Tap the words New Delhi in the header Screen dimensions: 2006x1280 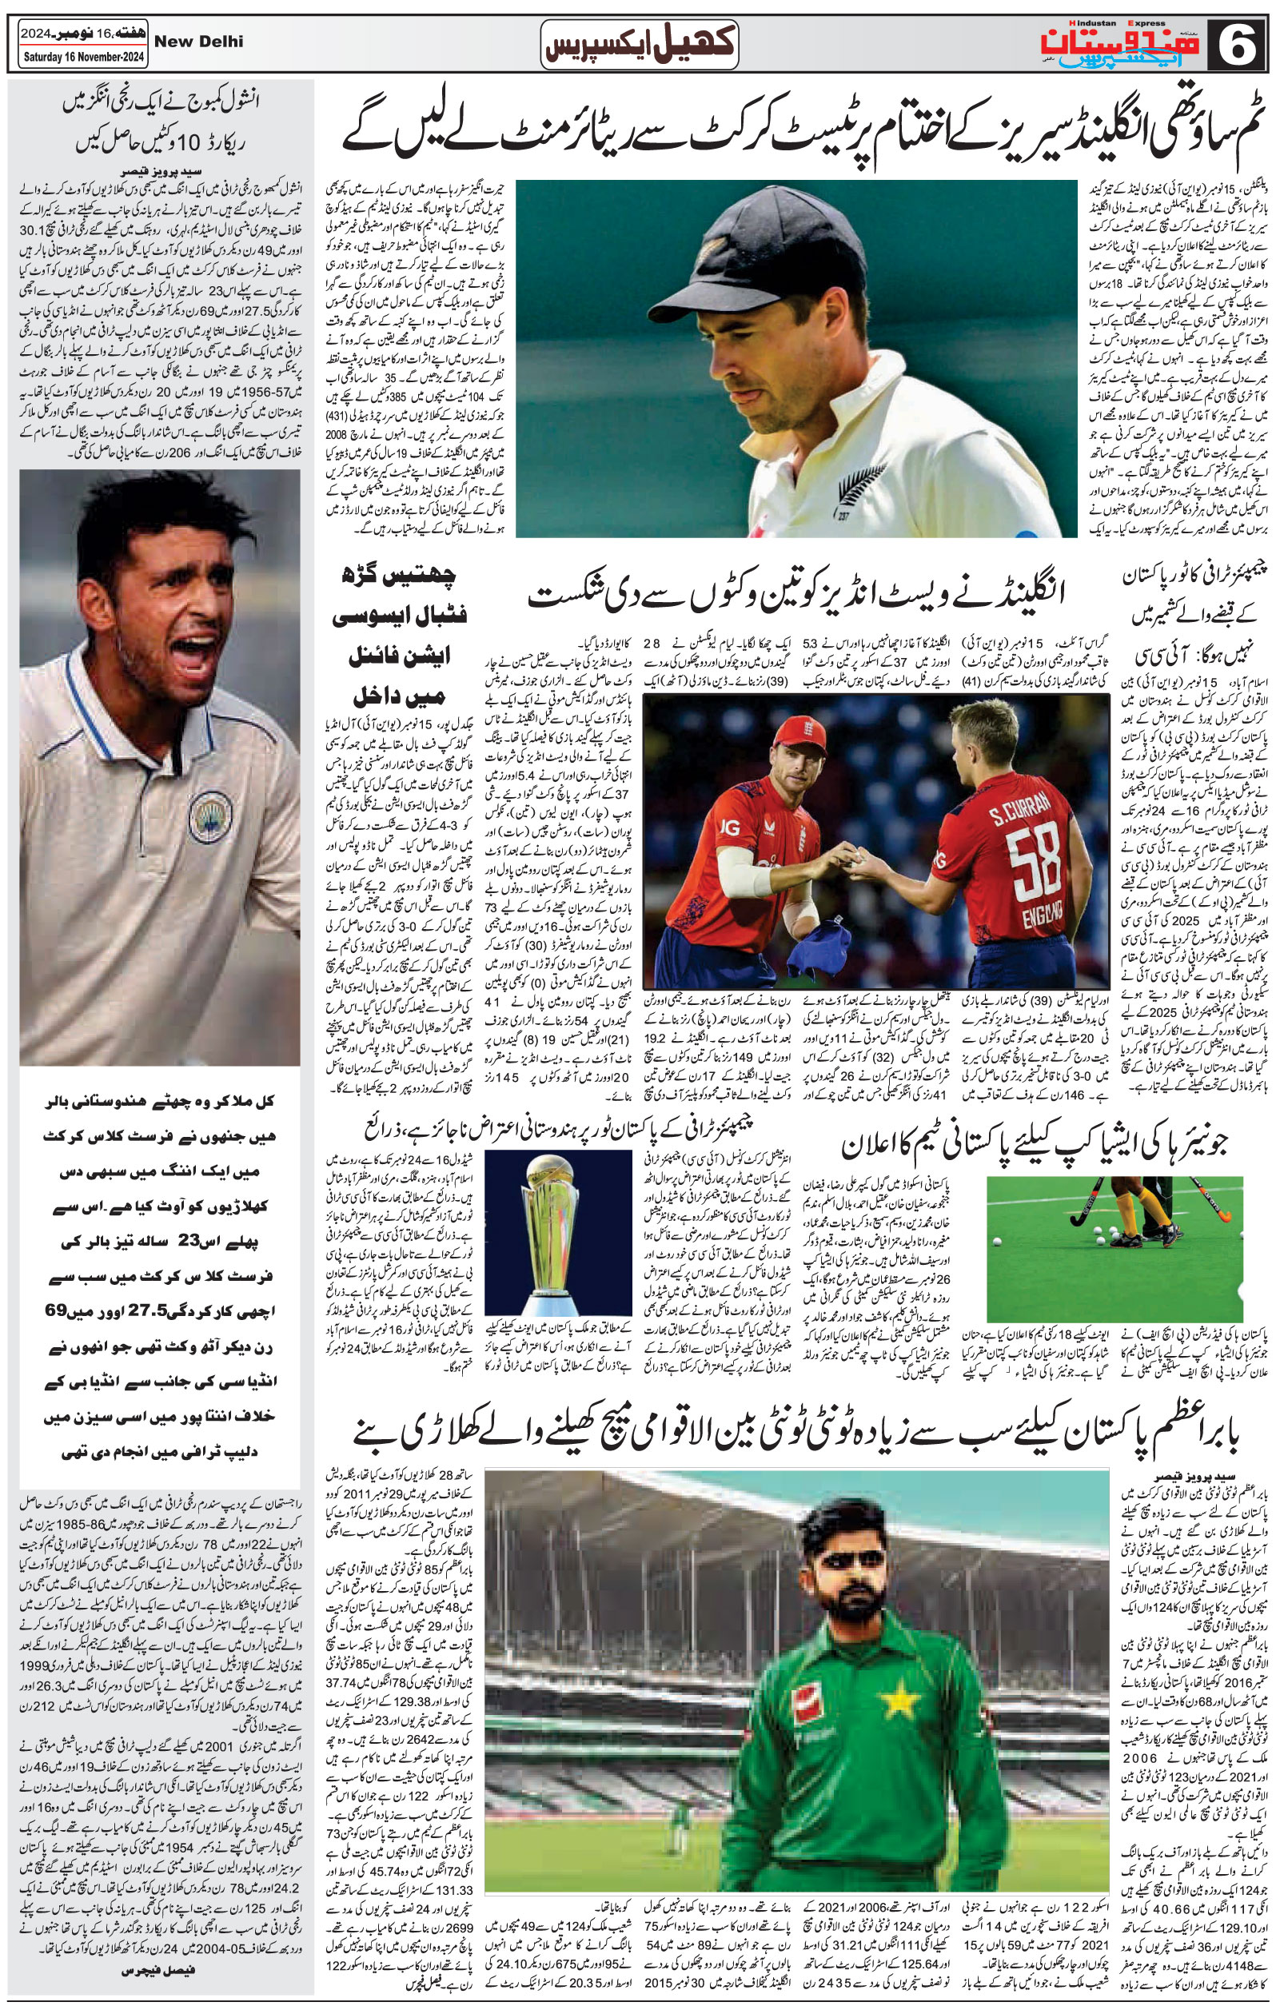199,41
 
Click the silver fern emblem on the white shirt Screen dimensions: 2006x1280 852,493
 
